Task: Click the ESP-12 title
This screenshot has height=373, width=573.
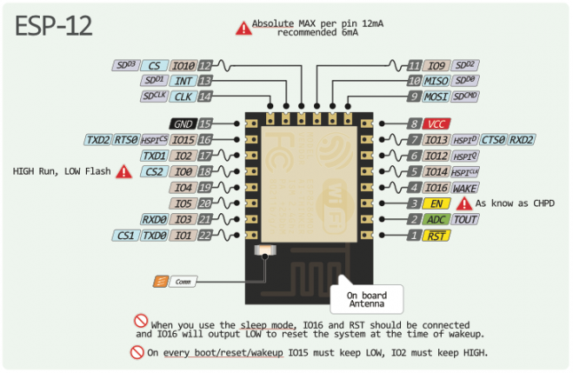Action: tap(53, 26)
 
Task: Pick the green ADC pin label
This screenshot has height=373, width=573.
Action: tap(436, 219)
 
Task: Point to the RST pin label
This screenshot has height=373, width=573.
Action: tap(436, 235)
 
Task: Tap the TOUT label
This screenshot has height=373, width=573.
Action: tap(466, 219)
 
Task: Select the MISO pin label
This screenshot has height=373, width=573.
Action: tap(436, 81)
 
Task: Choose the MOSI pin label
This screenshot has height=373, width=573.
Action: tap(436, 97)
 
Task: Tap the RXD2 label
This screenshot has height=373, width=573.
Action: tap(522, 139)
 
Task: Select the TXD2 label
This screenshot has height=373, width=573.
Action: tap(98, 140)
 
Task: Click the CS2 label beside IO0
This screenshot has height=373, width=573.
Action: tap(153, 171)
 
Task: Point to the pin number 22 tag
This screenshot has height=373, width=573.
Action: tap(204, 235)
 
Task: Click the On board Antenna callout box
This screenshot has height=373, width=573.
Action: tap(365, 298)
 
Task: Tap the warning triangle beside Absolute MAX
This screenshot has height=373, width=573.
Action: tap(242, 28)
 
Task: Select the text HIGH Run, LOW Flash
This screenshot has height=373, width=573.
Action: tap(59, 171)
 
